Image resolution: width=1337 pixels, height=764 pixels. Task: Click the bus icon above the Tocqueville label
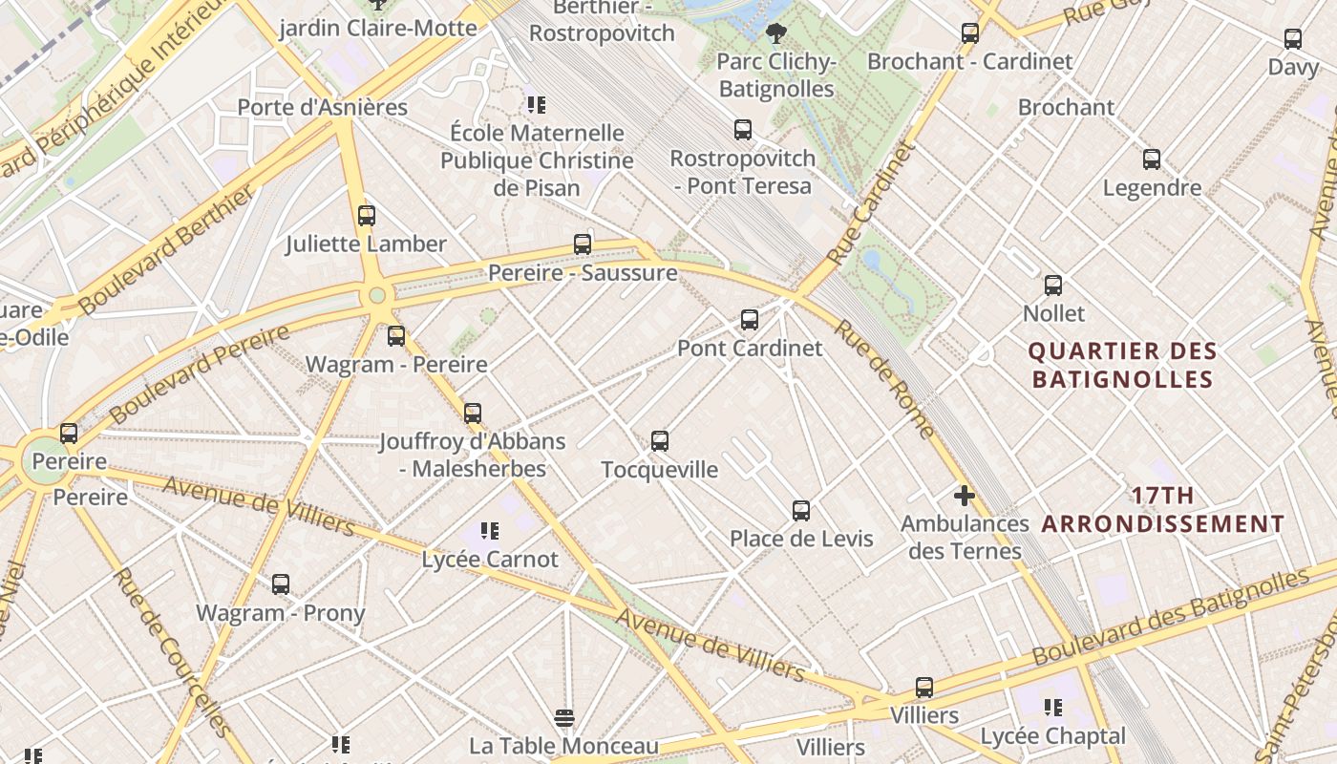click(659, 440)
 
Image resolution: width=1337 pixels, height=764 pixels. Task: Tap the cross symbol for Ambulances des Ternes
click(965, 496)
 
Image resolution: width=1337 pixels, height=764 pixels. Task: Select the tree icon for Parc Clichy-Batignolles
click(775, 33)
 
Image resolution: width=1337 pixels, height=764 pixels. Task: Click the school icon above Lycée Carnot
click(490, 530)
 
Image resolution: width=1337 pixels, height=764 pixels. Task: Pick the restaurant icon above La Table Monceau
click(564, 717)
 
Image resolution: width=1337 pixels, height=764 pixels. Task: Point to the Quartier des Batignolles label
click(1122, 365)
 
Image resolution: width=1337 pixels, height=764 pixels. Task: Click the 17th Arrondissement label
click(1162, 510)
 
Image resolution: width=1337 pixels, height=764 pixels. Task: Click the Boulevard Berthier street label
click(168, 249)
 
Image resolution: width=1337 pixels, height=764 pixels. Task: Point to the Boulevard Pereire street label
click(200, 374)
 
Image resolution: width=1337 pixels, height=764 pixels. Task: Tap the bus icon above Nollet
click(1053, 285)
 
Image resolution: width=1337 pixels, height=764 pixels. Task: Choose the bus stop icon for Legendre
click(1152, 159)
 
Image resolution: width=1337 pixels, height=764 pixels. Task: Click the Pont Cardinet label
click(750, 348)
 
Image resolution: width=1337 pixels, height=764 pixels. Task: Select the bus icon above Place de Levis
click(801, 510)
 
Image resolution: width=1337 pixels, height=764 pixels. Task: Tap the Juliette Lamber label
click(367, 244)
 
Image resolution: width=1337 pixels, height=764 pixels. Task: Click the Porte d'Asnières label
click(322, 107)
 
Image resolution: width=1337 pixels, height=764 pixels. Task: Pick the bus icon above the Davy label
click(1293, 39)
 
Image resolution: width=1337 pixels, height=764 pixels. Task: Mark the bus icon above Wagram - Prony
click(280, 584)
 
